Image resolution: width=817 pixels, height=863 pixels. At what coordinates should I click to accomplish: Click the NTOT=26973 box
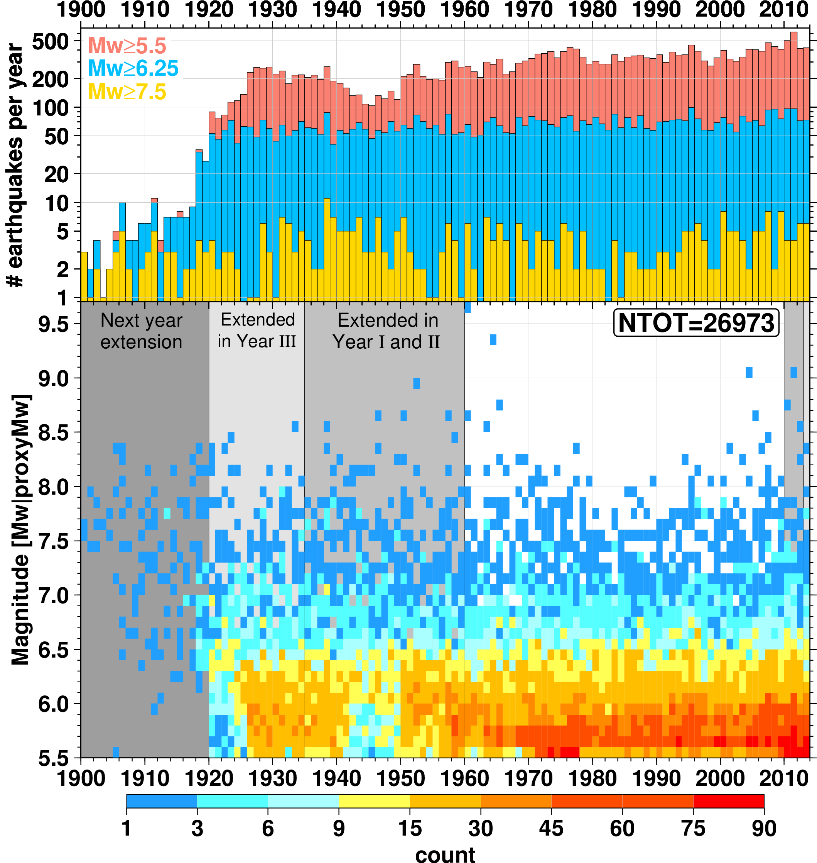coord(695,323)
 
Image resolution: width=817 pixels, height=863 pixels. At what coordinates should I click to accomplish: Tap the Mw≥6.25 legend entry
coord(133,68)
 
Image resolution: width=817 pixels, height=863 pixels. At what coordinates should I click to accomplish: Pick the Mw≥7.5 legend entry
coord(127,92)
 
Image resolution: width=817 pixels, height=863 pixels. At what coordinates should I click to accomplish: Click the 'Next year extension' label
coord(141,331)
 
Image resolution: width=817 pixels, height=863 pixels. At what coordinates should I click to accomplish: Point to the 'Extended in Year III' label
coord(257,331)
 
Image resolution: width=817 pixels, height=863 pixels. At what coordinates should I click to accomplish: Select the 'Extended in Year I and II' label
coord(387,331)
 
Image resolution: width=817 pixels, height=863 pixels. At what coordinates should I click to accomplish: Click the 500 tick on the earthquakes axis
coord(51,42)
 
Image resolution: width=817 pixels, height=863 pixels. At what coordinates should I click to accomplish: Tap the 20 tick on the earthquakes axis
coord(57,175)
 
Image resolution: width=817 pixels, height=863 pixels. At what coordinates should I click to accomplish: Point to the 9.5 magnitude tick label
coord(53,325)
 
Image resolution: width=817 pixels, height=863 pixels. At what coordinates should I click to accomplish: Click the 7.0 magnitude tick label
coord(53,596)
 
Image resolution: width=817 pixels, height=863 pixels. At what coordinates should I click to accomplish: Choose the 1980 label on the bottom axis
coord(592,778)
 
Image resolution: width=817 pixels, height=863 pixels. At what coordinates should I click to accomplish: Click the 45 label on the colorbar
coord(551,829)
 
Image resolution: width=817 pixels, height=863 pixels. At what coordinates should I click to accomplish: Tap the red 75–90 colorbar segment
coord(729,801)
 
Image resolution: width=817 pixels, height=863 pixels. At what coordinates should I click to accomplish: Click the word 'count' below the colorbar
coord(445,854)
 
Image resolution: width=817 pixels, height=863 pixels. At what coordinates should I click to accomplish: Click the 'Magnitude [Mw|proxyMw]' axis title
coord(20,529)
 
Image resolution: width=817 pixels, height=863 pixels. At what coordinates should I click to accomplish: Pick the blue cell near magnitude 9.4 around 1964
coord(493,339)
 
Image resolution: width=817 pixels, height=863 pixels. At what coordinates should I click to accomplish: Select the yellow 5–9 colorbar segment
coord(374,801)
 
